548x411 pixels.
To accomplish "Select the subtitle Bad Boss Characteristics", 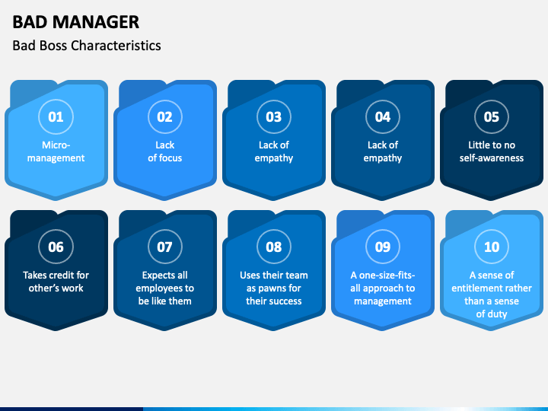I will (x=87, y=45).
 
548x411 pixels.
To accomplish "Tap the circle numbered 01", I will (x=56, y=116).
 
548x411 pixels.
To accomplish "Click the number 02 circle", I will (x=164, y=116).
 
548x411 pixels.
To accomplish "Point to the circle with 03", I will (x=273, y=116).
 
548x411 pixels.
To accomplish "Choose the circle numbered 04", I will (x=382, y=116).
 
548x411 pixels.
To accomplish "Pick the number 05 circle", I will (x=491, y=116).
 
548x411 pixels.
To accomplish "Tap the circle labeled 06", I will (x=56, y=247).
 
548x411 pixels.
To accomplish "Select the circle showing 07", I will (x=164, y=247).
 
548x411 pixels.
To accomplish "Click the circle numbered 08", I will (x=273, y=247).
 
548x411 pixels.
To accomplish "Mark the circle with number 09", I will (x=382, y=247).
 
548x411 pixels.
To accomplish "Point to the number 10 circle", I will (x=491, y=247).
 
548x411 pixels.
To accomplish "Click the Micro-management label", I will (x=56, y=151).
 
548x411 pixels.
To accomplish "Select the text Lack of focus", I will (x=164, y=151).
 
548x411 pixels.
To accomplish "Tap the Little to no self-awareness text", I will (x=491, y=151).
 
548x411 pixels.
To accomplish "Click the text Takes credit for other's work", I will (x=56, y=282).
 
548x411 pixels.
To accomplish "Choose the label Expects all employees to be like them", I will (x=164, y=288).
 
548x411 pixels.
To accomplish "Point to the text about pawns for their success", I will (x=273, y=288).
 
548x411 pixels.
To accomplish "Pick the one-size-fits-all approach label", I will (x=382, y=288).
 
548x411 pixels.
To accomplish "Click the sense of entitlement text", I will (x=491, y=294).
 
